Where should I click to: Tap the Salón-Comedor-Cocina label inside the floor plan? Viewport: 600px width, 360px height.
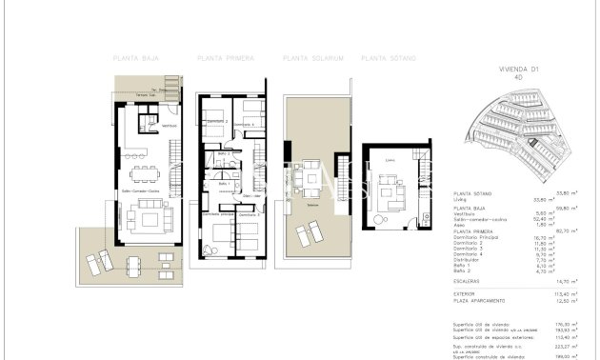[134, 192]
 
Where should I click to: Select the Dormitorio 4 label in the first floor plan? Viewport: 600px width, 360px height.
[246, 125]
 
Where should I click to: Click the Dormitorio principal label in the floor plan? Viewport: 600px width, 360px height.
[215, 216]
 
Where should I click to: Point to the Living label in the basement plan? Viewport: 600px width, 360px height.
[390, 160]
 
